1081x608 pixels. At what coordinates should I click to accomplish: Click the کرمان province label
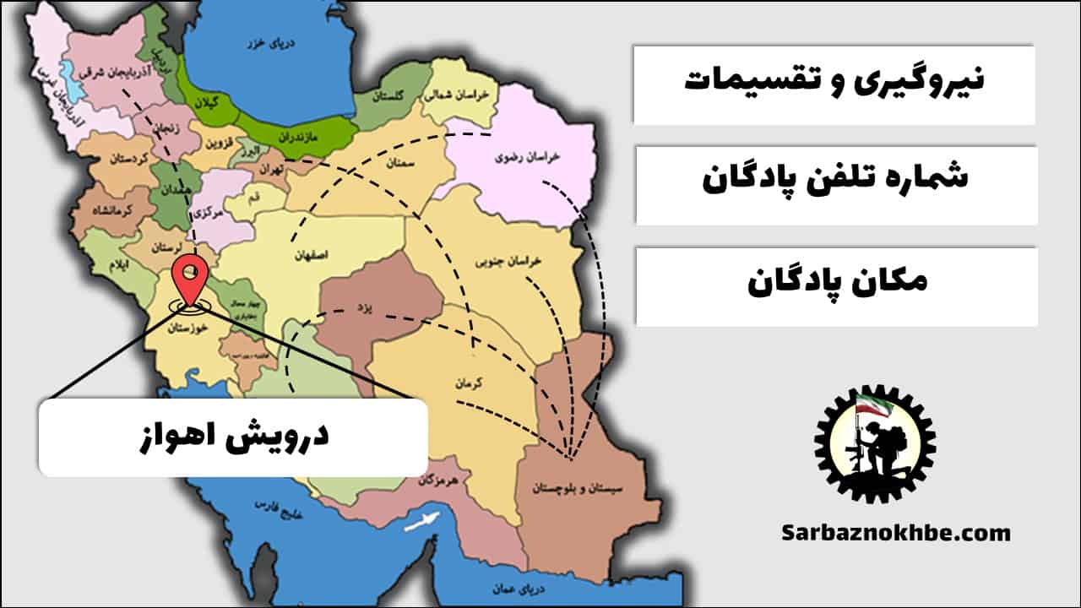coord(468,382)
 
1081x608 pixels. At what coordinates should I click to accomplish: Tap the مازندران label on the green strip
coord(307,133)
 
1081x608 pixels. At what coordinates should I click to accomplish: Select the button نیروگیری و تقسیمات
coord(834,83)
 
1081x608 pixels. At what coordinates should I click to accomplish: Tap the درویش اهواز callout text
coord(232,437)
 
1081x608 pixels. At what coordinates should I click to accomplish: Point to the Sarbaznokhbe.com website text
coord(895,533)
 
